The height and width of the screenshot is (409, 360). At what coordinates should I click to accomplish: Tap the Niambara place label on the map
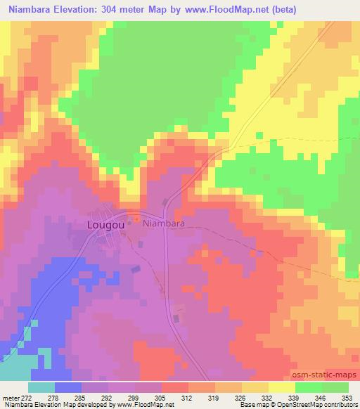(x=164, y=223)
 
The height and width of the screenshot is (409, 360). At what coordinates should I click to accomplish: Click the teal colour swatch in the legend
(x=41, y=387)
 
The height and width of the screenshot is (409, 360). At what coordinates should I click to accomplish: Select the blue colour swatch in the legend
(x=67, y=387)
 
